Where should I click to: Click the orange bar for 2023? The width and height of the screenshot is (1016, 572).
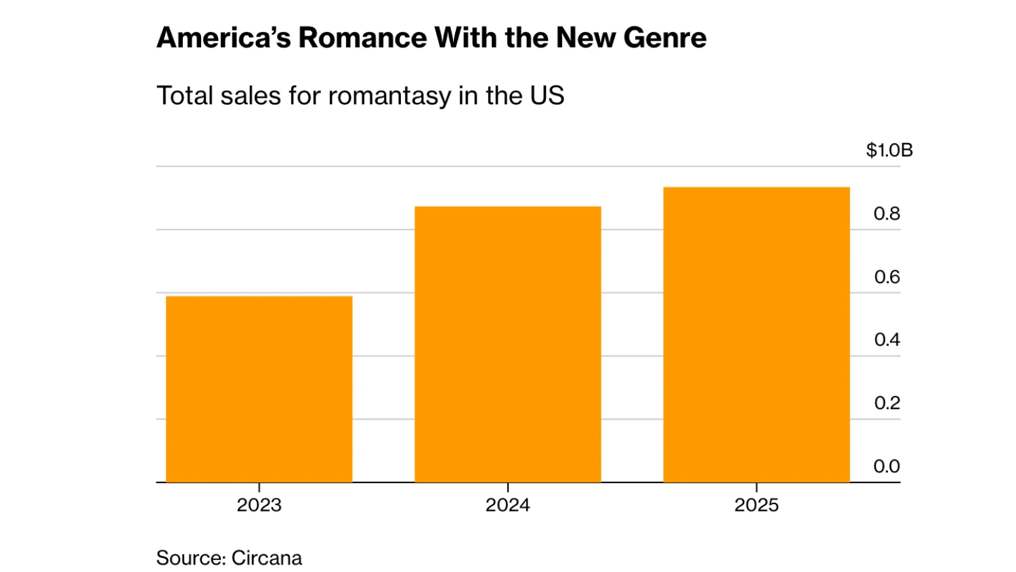pos(259,389)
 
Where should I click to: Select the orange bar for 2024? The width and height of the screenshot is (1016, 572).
pos(508,344)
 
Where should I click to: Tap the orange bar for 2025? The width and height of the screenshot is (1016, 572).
pos(757,335)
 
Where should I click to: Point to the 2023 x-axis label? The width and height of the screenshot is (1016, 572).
pos(259,505)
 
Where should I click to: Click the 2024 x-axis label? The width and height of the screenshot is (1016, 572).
pos(507,505)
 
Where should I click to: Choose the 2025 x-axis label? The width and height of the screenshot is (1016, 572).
pos(757,505)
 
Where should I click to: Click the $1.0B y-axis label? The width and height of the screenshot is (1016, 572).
pos(889,150)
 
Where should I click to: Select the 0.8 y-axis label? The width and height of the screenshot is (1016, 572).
pos(887,213)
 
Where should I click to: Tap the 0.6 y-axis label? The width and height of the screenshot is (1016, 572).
pos(887,277)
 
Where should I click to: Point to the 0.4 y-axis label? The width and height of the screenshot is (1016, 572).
pos(887,340)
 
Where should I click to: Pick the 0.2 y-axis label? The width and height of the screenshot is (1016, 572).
pos(887,403)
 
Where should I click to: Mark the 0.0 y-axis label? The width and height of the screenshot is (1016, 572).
pos(887,466)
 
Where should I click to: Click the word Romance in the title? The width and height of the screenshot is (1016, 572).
pos(362,37)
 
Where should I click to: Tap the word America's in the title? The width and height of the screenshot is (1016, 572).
pos(224,37)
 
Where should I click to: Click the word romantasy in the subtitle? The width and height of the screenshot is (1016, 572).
pos(389,96)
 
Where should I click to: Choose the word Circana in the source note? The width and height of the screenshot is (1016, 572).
pos(267,558)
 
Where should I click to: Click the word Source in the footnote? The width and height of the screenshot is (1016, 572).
pos(191,558)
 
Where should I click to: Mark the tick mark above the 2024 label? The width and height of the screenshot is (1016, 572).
pos(507,487)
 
